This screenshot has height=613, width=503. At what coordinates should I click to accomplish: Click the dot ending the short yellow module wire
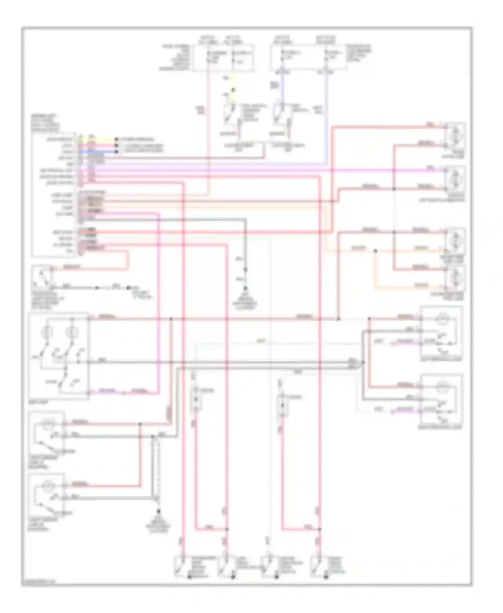point(116,139)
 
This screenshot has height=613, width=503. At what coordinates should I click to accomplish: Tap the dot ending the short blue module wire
point(116,152)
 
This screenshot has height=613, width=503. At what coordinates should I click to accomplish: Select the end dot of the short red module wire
point(116,146)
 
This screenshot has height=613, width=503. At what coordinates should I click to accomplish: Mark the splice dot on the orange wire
point(375,250)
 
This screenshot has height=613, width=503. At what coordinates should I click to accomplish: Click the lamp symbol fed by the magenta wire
point(454,178)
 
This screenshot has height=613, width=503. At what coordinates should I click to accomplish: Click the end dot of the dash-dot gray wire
point(128,288)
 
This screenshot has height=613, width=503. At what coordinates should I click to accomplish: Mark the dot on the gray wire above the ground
point(245,269)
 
